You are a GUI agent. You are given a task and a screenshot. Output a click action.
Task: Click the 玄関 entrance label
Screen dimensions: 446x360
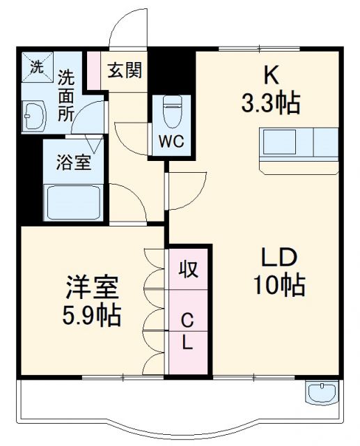125,70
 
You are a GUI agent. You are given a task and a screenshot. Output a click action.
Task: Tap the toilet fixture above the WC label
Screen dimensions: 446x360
171,109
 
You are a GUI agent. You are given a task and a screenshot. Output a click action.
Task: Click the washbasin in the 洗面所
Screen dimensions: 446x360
33,115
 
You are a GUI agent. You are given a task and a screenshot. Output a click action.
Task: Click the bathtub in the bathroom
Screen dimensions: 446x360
72,202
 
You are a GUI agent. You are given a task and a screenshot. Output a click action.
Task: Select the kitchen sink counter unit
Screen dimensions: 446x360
299,145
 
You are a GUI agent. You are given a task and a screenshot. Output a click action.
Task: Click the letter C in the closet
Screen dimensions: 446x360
187,321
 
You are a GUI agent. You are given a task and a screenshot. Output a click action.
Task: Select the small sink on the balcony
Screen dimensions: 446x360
321,394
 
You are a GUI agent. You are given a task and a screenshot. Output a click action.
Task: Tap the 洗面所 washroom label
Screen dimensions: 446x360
66,95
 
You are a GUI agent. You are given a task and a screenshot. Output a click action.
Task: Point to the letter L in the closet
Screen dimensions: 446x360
188,343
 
